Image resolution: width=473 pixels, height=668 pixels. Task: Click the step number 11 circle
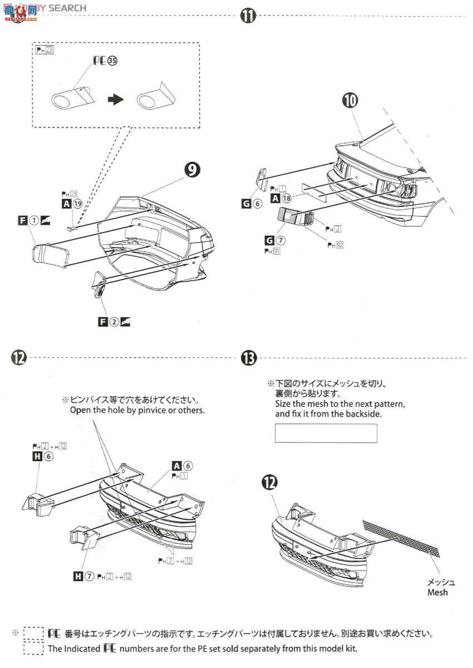[248, 16]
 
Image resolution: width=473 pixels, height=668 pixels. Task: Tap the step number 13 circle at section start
[248, 358]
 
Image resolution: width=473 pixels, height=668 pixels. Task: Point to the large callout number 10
[351, 101]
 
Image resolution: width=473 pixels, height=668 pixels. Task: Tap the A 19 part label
[72, 204]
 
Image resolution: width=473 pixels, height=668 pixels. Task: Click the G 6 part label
[252, 204]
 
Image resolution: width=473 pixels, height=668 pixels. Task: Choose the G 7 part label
[274, 240]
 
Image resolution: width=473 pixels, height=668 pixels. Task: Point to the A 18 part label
[281, 198]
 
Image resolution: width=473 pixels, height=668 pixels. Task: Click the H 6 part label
[42, 456]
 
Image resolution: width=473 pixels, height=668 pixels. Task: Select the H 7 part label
[83, 576]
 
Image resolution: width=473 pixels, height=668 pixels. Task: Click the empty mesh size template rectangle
[326, 433]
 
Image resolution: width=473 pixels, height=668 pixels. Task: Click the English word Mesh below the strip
[437, 592]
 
